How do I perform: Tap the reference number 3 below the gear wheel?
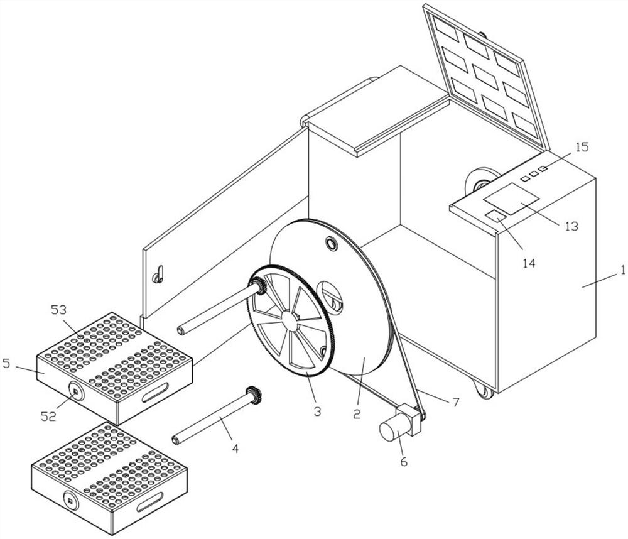317,411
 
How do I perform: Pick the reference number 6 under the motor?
403,461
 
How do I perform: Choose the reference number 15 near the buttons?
582,147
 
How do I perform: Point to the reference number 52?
48,416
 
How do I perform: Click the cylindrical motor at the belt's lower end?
392,430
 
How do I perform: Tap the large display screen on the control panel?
510,199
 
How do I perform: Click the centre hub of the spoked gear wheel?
290,320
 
